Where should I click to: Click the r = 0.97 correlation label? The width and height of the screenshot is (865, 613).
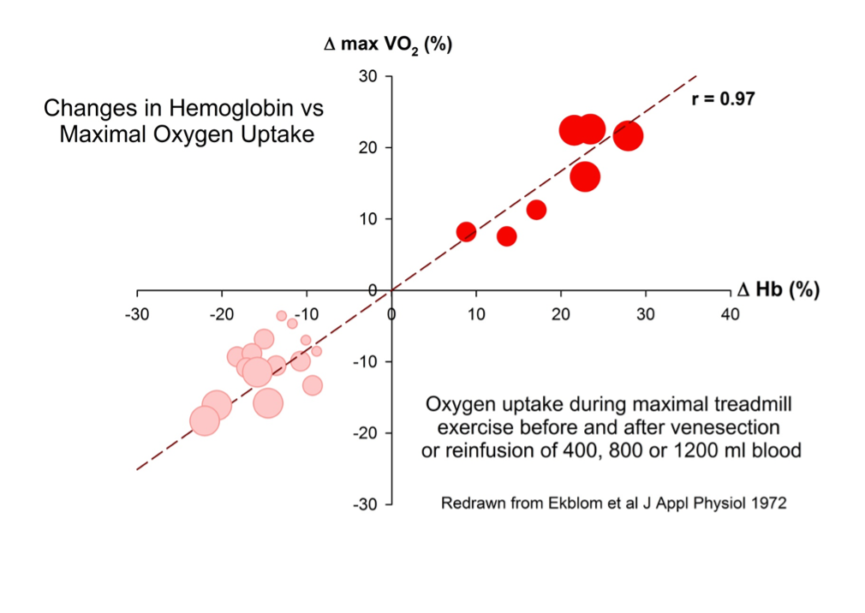723,98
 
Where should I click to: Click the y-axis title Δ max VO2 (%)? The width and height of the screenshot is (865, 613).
388,44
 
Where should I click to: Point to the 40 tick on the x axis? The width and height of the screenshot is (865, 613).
730,313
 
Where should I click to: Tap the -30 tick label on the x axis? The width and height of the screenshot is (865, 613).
137,313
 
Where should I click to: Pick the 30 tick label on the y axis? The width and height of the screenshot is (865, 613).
370,76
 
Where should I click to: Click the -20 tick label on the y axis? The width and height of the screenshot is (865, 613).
367,433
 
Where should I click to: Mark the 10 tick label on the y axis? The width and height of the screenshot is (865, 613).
370,219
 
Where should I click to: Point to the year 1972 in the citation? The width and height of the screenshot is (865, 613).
768,503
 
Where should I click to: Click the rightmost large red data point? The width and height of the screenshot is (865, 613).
628,135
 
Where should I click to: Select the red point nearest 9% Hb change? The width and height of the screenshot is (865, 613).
466,232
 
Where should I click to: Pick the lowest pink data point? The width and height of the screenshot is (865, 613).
204,420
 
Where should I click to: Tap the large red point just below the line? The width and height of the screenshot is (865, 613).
585,176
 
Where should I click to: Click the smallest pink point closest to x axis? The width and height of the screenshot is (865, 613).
282,316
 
